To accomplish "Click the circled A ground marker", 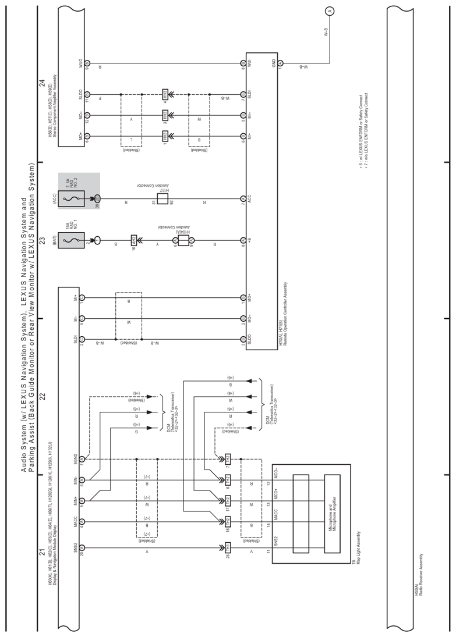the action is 330,11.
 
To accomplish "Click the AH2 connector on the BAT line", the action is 133,240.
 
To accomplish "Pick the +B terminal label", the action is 249,240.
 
